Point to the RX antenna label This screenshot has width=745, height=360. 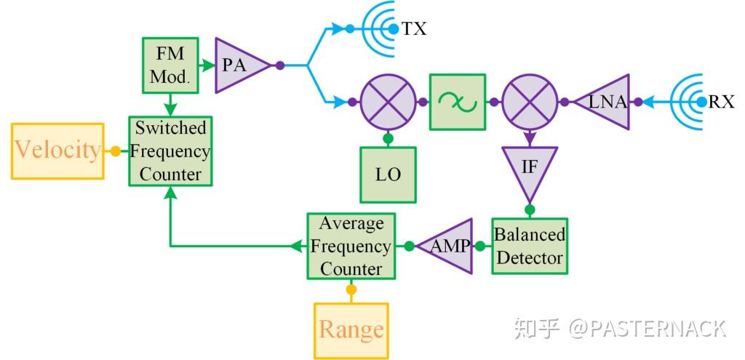tap(721, 102)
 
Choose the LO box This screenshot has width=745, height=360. tap(389, 175)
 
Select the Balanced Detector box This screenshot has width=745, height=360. tap(529, 246)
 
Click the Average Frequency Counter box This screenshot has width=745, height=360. tap(351, 246)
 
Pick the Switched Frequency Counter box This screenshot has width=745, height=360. tap(170, 151)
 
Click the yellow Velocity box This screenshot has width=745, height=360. tap(57, 151)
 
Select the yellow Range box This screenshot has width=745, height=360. tap(351, 330)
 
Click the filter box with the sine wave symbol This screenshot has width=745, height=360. tap(458, 102)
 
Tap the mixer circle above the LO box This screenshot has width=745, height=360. tap(389, 103)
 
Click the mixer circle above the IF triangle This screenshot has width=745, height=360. tap(530, 103)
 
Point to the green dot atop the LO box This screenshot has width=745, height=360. tap(389, 138)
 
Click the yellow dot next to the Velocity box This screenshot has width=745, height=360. tap(115, 151)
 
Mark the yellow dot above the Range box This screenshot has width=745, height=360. tap(351, 290)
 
